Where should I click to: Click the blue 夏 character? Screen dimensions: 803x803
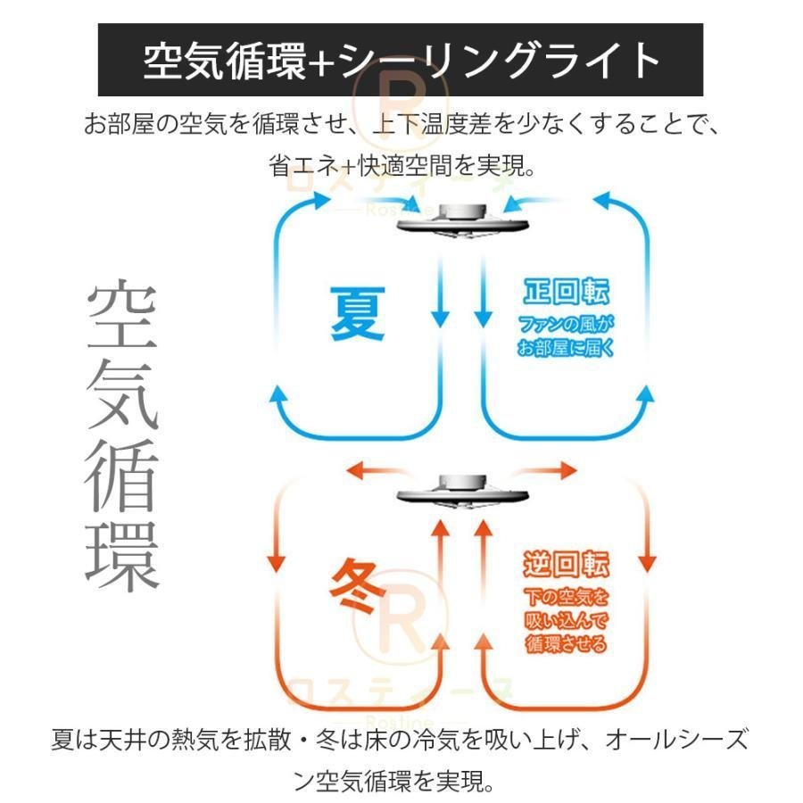(359, 313)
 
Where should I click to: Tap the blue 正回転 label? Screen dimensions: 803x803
(567, 294)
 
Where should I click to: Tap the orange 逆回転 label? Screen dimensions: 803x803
(567, 566)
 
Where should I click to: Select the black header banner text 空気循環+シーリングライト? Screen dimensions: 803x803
(401, 60)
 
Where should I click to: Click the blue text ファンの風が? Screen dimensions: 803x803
(567, 323)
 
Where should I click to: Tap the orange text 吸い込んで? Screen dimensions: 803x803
(567, 620)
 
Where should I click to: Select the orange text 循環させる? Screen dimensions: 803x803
(567, 643)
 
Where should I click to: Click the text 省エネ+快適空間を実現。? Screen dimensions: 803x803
(401, 166)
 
